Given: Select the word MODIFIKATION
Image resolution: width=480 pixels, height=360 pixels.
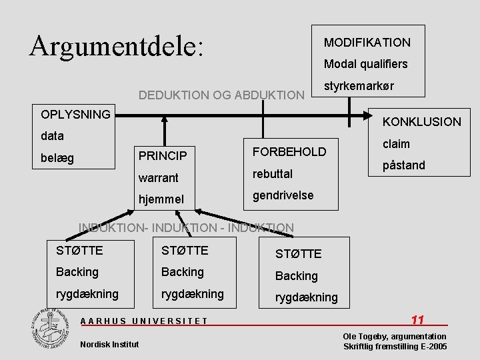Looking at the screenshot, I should point(367,43).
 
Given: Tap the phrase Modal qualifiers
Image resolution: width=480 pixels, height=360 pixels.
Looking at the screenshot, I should point(365,65).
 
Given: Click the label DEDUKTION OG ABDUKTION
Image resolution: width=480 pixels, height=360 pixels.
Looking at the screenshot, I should point(221,95).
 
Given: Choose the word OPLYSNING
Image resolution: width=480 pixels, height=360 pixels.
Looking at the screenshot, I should point(75,114).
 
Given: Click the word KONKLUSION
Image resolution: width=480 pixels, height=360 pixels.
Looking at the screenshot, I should point(421,121).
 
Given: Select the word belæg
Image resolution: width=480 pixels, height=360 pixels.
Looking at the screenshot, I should point(57,158).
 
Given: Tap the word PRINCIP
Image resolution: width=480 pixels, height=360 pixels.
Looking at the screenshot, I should point(163,156).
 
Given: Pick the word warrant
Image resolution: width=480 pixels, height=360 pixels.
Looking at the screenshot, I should point(159,178).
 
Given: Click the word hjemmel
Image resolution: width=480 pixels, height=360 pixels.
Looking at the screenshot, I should point(161,199).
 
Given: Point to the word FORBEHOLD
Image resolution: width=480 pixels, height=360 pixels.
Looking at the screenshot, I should point(289,151).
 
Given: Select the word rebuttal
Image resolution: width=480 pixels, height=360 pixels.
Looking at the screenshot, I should point(272,173).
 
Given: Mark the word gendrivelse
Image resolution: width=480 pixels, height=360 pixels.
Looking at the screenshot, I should point(281,196).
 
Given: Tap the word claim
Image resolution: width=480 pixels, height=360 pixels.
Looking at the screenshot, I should point(396,143).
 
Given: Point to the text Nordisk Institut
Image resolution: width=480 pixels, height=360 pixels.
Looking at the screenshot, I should point(109,344).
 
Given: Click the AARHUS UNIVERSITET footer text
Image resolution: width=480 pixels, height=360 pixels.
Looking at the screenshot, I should point(144,321).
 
